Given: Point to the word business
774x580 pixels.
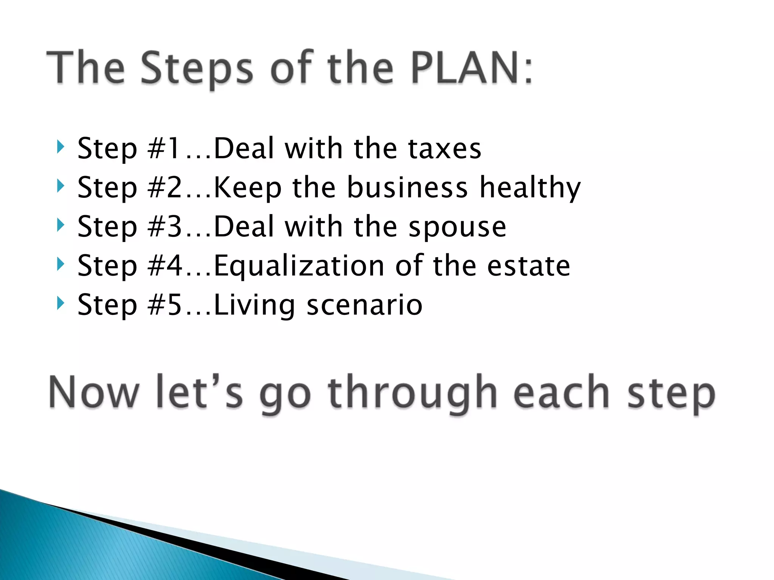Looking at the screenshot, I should click(407, 187).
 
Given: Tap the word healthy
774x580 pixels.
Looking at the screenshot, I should click(530, 188).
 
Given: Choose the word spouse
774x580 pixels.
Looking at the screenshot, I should click(457, 227).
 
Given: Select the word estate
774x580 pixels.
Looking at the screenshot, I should click(528, 266).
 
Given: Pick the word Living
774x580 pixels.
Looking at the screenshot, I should click(254, 305).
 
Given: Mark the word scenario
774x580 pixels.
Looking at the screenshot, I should click(364, 305).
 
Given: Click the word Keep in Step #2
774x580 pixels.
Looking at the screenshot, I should click(248, 188).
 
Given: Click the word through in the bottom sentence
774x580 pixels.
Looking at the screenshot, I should click(412, 393).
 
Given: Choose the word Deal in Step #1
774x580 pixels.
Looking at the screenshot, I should click(244, 148).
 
